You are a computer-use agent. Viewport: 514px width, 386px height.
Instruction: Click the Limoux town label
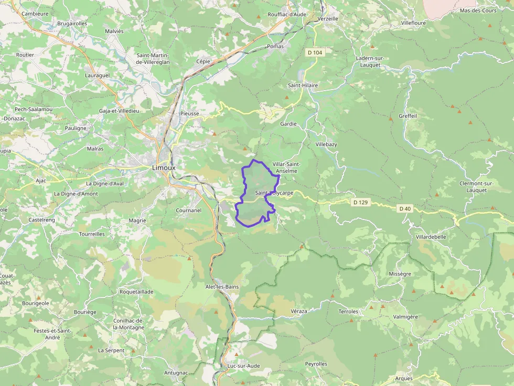[x=164, y=168]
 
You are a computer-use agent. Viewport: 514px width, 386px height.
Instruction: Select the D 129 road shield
[x=360, y=202]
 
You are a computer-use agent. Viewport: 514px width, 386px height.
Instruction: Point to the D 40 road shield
[x=404, y=208]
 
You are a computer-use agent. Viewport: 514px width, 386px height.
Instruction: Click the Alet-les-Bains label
[x=222, y=286]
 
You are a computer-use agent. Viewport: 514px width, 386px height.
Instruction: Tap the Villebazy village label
[x=326, y=144]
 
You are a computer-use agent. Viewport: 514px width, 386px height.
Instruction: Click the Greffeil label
[x=408, y=116]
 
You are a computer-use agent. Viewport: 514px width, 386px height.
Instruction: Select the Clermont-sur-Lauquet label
[x=476, y=186]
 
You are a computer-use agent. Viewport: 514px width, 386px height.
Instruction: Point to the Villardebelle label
[x=431, y=237]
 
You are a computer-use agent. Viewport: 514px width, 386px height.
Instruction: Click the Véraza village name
[x=298, y=311]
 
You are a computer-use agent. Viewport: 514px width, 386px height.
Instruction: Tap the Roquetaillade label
[x=136, y=291]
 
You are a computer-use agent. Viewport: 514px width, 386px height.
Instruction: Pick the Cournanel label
[x=189, y=211]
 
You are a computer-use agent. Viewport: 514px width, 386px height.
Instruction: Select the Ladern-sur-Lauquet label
[x=370, y=62]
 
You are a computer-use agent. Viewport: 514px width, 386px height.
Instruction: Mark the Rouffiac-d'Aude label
[x=287, y=15]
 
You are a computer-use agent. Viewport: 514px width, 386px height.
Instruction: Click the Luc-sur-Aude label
[x=243, y=366]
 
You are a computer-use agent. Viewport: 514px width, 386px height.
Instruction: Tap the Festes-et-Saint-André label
[x=52, y=334]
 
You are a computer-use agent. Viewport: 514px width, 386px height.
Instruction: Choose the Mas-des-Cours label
[x=477, y=10]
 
